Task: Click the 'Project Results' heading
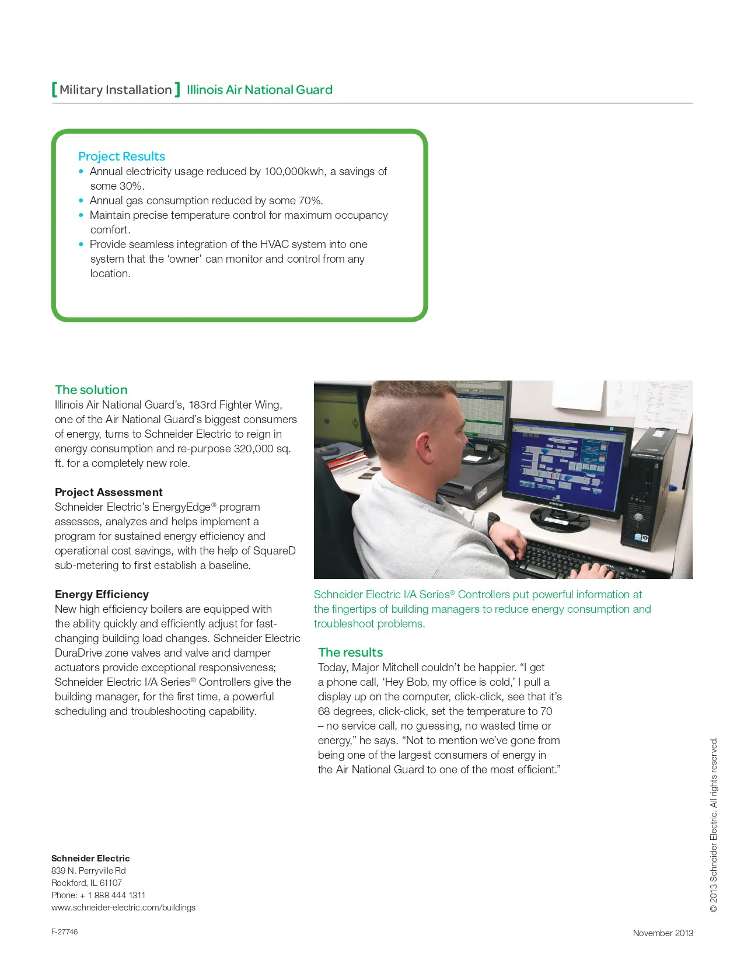point(121,156)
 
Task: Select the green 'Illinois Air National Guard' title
point(259,90)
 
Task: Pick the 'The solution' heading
point(91,390)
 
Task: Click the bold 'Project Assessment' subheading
point(109,493)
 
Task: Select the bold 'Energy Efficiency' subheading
point(102,595)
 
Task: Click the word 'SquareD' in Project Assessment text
point(274,551)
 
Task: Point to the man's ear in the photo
point(427,448)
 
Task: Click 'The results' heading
point(350,653)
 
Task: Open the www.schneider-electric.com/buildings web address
point(123,908)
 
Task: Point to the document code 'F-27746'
point(64,932)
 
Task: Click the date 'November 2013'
point(663,933)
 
